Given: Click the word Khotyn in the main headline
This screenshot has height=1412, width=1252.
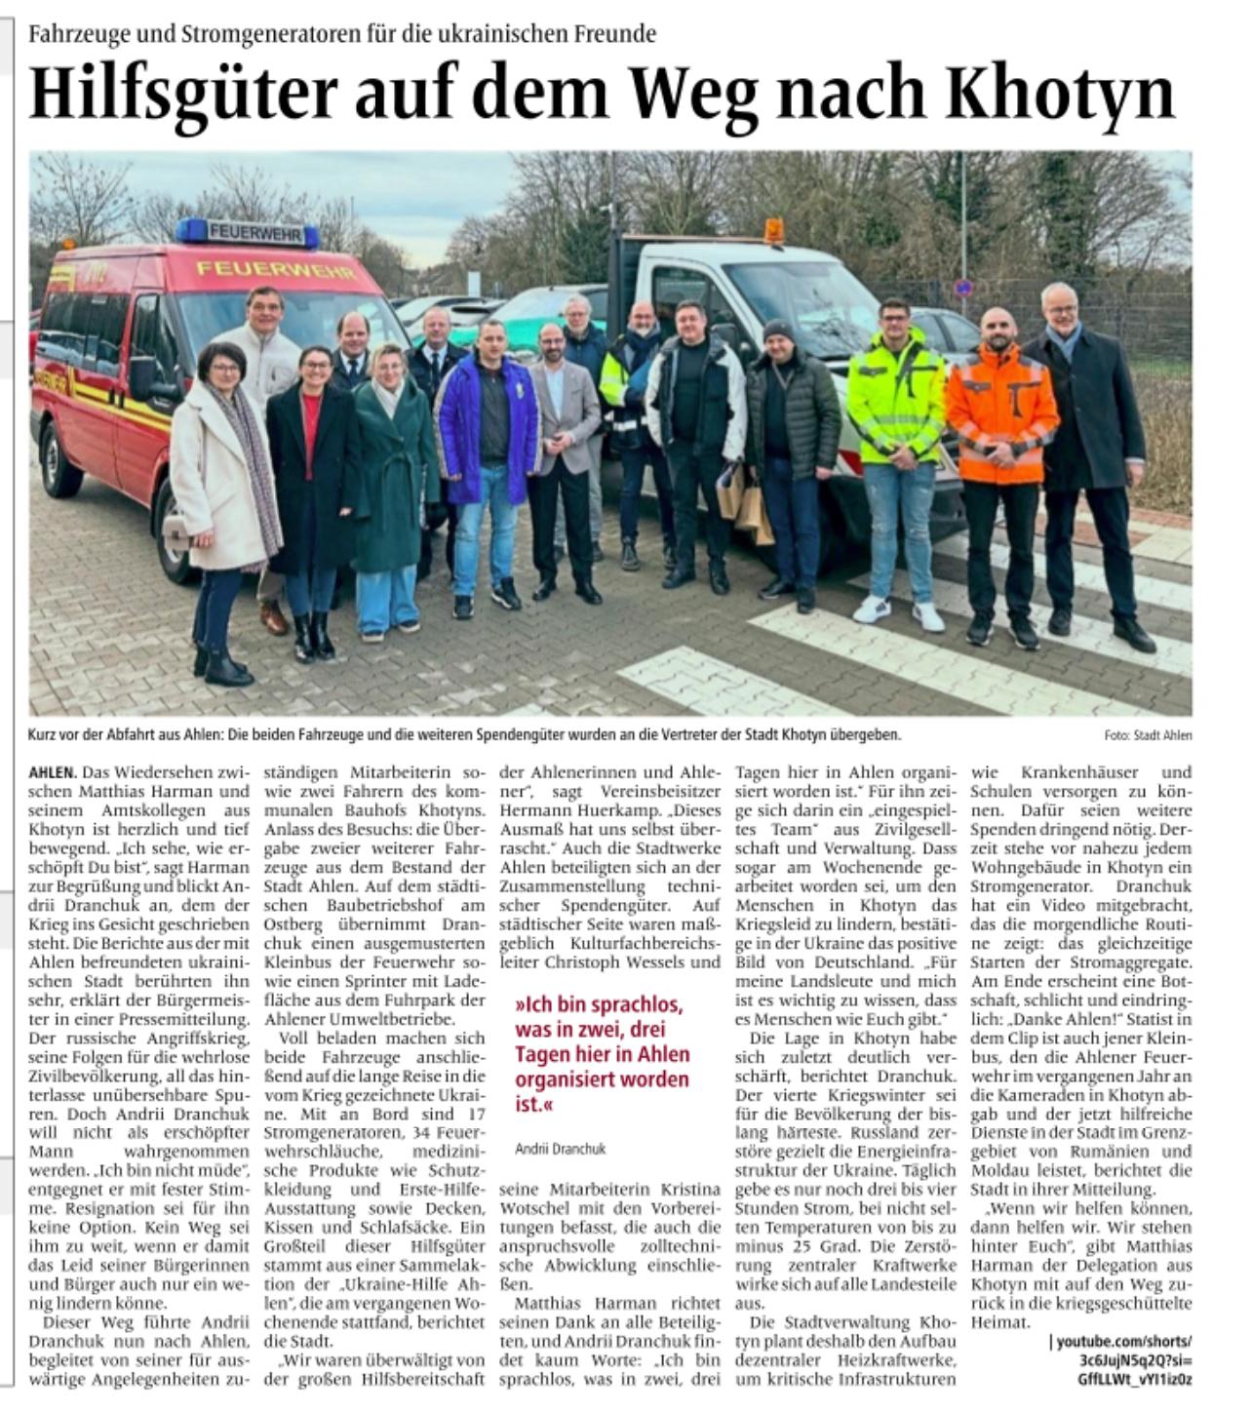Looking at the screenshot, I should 1062,92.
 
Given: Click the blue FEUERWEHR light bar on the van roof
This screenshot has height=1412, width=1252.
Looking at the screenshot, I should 248,232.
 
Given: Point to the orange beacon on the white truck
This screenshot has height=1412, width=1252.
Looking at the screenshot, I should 773,230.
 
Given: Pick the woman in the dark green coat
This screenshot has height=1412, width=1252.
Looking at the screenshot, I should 394,468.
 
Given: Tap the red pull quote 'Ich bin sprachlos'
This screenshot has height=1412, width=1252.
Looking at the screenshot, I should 602,1054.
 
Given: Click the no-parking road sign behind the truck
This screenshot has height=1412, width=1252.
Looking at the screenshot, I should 962,289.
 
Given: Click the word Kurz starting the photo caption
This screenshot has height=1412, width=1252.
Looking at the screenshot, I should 46,734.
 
